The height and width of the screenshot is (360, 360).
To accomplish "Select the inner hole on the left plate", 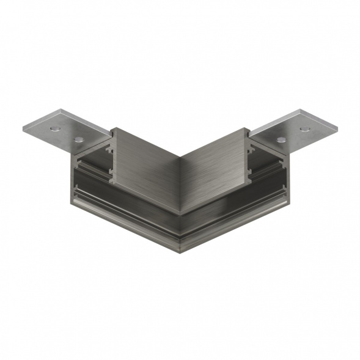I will (78, 140).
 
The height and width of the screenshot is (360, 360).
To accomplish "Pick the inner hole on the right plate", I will (281, 140).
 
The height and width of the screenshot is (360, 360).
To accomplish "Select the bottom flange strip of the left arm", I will (122, 208).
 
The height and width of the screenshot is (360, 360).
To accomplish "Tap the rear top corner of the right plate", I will (299, 110).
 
